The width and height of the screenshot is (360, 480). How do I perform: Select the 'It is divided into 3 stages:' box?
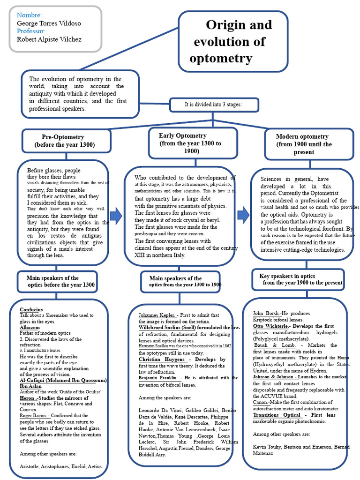(x=213, y=105)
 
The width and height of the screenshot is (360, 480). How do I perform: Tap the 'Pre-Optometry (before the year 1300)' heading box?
(x=66, y=141)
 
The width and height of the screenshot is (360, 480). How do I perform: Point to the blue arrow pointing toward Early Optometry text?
(x=116, y=216)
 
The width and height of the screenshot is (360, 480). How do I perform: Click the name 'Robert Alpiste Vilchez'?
(x=49, y=39)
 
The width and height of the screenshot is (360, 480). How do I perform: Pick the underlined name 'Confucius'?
(x=31, y=310)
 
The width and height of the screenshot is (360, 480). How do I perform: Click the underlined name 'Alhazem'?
(x=30, y=328)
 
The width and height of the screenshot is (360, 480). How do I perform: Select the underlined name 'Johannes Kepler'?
(x=157, y=315)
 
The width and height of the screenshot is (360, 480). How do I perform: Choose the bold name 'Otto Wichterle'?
(x=270, y=326)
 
